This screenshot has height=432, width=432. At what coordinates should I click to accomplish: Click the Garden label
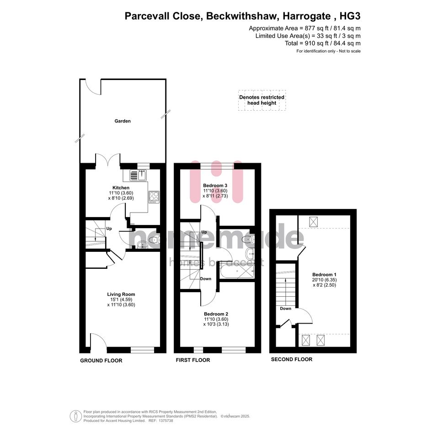tap(123, 121)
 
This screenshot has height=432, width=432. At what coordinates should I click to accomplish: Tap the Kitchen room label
tap(121, 187)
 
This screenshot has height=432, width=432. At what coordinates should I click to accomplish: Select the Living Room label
tap(121, 294)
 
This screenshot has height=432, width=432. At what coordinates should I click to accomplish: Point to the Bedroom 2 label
tap(216, 314)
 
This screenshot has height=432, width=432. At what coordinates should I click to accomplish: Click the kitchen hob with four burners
tap(154, 197)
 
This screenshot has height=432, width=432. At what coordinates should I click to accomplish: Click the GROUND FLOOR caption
tap(101, 360)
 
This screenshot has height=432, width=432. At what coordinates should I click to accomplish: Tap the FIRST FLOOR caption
tap(193, 360)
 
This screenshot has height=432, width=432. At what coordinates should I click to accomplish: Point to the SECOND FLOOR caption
tap(292, 359)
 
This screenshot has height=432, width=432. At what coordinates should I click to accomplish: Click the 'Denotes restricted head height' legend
tap(262, 100)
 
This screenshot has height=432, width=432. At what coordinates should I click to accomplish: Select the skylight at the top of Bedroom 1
tap(313, 222)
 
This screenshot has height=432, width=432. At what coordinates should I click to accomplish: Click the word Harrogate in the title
tap(307, 16)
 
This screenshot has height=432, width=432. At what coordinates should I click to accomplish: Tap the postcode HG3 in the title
tap(350, 16)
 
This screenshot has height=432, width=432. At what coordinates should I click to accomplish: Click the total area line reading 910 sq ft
tap(323, 43)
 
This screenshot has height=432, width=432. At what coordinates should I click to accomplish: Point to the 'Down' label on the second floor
tap(285, 309)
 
